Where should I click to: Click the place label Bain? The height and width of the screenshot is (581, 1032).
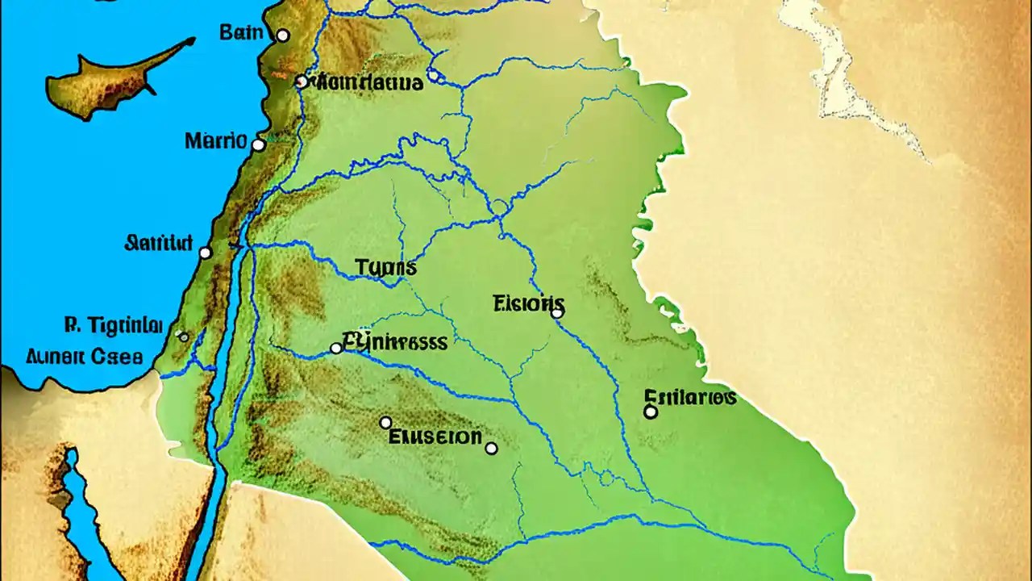pos(241,34)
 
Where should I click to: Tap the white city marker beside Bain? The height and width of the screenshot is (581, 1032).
pos(282,36)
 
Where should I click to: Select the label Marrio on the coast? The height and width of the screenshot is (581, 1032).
pos(215,140)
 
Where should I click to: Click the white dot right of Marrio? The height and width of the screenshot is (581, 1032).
pos(258,145)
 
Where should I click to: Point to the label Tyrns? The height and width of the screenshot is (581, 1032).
pos(385,267)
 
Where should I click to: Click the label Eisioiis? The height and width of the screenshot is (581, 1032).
pos(528,304)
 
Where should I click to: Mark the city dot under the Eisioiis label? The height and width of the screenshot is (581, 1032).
pos(556,312)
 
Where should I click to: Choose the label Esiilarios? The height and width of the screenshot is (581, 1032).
pos(690,396)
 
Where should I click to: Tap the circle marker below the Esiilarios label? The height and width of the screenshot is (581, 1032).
pos(651,412)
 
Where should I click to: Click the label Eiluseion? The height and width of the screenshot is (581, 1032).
pos(435,437)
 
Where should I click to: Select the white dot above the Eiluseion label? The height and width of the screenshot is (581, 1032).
pos(385,422)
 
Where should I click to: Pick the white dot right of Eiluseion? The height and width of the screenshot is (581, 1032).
pos(491,448)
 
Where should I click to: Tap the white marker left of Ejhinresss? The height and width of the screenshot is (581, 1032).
pos(336,348)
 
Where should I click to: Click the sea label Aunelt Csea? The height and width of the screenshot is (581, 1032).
pos(84,356)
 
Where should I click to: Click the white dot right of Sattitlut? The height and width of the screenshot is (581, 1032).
pos(205,253)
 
